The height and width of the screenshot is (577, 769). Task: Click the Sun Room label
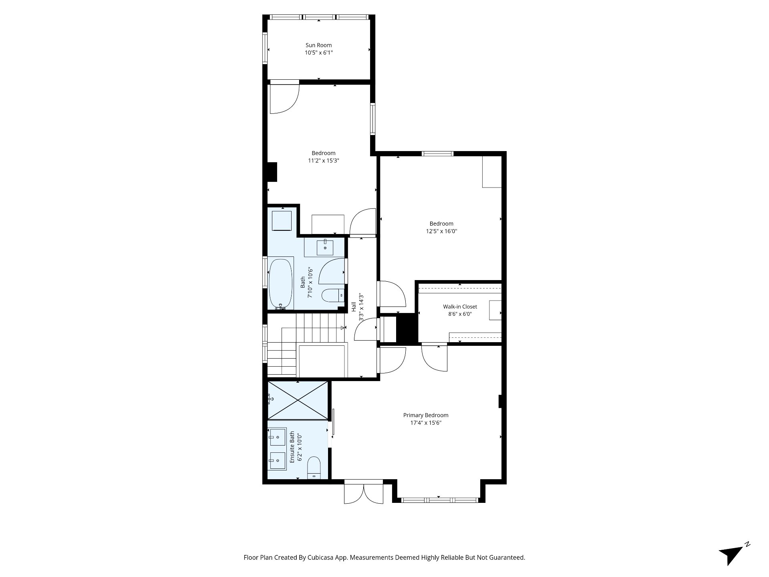(318, 45)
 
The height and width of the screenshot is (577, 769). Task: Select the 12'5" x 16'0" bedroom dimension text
(441, 231)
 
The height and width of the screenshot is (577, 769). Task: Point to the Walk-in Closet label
(460, 307)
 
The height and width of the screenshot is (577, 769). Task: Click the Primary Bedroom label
(426, 415)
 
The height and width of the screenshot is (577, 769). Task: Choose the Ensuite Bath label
(292, 447)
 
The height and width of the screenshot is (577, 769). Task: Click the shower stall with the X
(298, 401)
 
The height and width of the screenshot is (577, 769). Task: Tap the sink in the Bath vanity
(325, 247)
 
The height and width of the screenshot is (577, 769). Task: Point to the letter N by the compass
(747, 545)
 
